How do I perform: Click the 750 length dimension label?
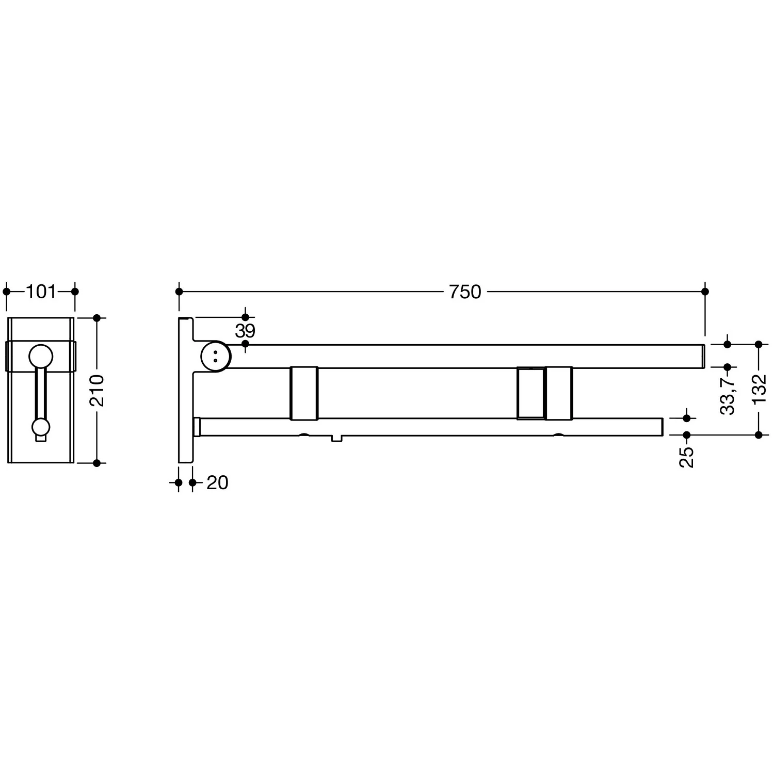[x=465, y=292]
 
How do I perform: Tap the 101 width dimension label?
[x=41, y=292]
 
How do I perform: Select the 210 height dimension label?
[x=97, y=391]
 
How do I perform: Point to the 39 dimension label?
[x=245, y=331]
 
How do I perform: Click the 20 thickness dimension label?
[x=217, y=483]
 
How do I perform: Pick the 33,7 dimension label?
[x=728, y=395]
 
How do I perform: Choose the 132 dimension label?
[x=759, y=390]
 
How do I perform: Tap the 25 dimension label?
[x=687, y=457]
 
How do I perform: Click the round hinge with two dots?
[x=215, y=356]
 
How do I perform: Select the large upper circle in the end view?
[x=41, y=357]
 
